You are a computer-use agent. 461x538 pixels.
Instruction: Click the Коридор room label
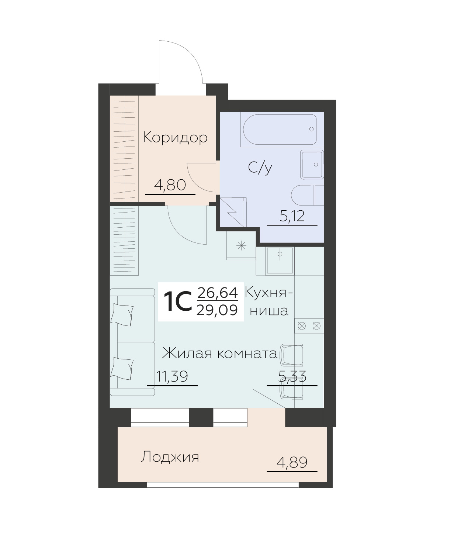click(x=175, y=138)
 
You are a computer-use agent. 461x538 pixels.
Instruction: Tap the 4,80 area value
click(x=170, y=184)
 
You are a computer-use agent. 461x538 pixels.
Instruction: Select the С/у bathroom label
click(x=260, y=168)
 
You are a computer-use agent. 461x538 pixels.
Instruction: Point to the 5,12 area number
click(x=292, y=216)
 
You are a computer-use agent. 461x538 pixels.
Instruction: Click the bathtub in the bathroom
click(x=278, y=129)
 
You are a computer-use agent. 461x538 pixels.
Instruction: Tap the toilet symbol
click(x=307, y=195)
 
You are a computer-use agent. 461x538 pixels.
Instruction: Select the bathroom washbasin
click(x=312, y=164)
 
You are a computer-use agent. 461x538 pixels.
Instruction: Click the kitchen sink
click(x=280, y=261)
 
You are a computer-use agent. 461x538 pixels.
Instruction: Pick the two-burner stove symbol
click(x=309, y=326)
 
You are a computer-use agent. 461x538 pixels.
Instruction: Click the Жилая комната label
click(x=220, y=354)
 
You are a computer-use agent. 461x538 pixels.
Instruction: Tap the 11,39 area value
click(x=172, y=377)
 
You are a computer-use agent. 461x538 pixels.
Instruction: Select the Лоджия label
click(x=170, y=457)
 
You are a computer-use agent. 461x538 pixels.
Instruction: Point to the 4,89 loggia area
click(x=292, y=462)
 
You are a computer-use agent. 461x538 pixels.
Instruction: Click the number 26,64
click(x=217, y=293)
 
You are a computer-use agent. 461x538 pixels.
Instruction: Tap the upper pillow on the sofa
click(x=123, y=314)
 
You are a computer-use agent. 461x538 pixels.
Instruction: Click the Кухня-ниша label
click(x=269, y=302)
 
